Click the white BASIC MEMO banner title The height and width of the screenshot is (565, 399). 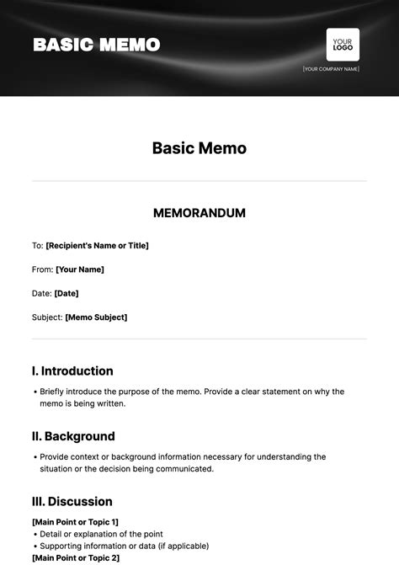coord(96,45)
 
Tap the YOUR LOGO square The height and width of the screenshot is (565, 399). coord(343,45)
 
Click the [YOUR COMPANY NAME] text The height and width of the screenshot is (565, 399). coord(331,69)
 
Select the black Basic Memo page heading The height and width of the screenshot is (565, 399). coord(199,148)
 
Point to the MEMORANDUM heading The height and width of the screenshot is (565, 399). coord(199,213)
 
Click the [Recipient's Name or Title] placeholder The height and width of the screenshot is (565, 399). coord(97,246)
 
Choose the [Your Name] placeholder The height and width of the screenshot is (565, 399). coord(80,269)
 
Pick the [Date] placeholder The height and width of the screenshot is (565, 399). coord(66,293)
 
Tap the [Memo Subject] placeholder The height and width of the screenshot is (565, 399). coord(96,317)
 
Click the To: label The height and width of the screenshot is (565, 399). coord(37,246)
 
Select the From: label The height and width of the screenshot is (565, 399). coord(42,269)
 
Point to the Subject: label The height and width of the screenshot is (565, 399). coord(47,317)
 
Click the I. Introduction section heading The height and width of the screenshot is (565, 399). coord(72,370)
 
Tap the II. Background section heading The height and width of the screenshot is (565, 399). coord(73,436)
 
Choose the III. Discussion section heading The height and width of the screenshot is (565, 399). coord(72,502)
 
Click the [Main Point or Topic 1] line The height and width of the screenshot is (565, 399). coord(75,522)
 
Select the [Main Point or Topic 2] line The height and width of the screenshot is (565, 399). coord(76,557)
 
